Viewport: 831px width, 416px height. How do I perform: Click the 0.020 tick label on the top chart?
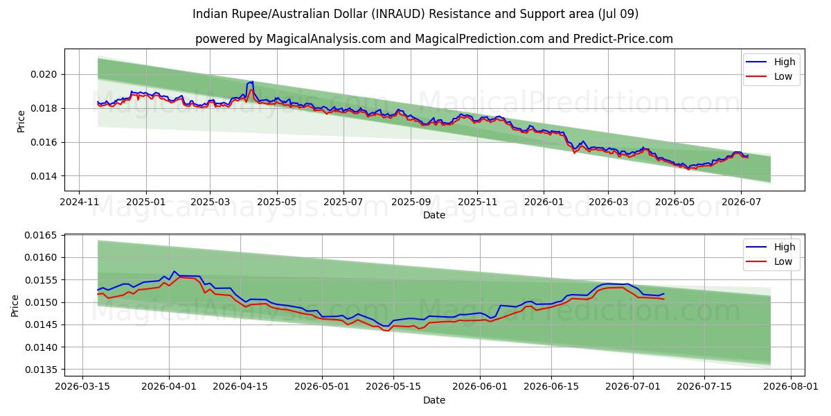(44, 75)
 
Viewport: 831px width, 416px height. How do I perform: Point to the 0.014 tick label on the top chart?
(44, 176)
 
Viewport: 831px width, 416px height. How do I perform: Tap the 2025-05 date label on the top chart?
(277, 202)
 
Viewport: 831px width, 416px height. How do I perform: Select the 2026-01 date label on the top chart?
(544, 202)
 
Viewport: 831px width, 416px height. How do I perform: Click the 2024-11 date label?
(79, 202)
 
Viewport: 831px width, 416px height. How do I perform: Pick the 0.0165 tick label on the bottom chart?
(41, 236)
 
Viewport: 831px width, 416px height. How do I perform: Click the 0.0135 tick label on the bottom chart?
(41, 370)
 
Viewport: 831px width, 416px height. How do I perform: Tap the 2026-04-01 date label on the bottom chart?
(169, 387)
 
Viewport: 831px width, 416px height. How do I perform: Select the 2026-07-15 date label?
(704, 387)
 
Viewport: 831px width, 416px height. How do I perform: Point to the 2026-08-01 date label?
(791, 387)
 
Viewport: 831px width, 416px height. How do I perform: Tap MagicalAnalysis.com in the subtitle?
(325, 39)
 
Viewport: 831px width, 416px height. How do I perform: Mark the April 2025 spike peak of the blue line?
(252, 81)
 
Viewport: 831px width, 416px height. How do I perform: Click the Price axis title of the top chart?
(21, 121)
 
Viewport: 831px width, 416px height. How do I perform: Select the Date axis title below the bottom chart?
(434, 401)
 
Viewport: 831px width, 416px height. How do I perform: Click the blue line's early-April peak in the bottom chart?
(175, 271)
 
